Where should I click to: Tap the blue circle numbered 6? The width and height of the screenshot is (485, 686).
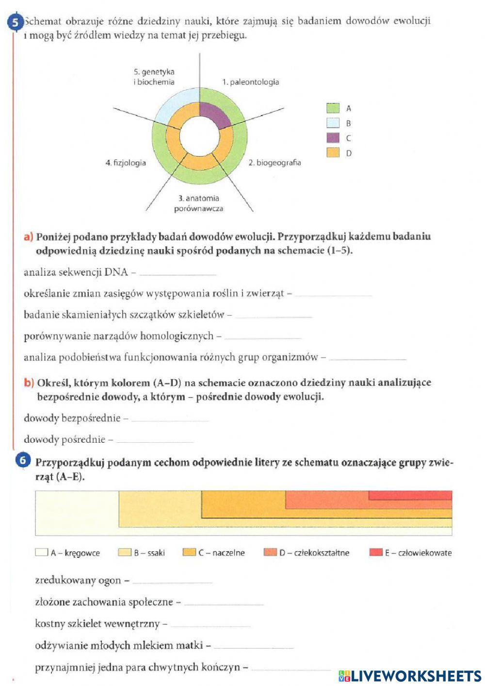(x=23, y=460)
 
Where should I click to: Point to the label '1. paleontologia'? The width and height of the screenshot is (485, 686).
(x=250, y=82)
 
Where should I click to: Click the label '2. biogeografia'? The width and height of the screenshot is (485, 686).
(x=275, y=163)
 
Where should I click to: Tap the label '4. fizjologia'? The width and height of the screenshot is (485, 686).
(x=126, y=163)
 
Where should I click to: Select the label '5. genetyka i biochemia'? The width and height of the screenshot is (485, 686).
(x=154, y=77)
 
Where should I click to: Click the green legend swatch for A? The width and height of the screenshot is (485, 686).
(x=333, y=108)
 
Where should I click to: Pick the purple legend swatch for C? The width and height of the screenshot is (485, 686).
(x=333, y=138)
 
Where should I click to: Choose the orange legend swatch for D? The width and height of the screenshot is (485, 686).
(x=333, y=153)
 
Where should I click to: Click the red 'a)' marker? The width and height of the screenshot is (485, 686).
(x=29, y=237)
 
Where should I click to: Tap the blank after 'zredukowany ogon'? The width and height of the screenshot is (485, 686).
(x=172, y=581)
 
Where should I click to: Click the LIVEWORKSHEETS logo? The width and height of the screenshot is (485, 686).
(x=410, y=676)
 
